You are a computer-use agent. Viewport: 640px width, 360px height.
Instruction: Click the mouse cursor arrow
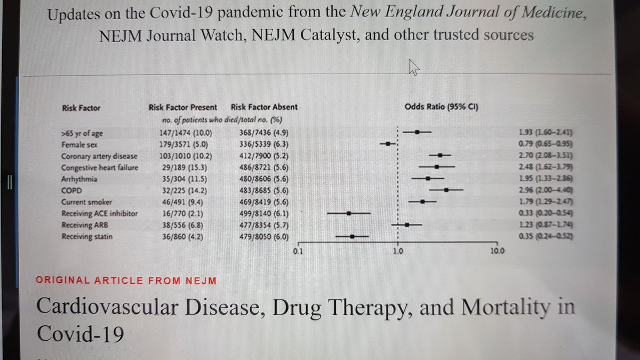(413, 67)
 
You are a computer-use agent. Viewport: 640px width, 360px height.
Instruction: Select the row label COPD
(71, 190)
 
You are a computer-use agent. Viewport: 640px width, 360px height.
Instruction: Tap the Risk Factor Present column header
(183, 107)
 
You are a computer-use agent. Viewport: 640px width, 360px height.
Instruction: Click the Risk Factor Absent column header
(265, 107)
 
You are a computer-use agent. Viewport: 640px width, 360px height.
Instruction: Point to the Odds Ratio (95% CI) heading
(442, 107)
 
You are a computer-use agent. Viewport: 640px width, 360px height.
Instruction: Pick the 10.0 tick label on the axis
(498, 251)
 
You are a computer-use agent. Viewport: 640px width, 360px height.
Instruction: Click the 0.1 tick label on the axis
(298, 251)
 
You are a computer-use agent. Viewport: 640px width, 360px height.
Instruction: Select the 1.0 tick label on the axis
(398, 251)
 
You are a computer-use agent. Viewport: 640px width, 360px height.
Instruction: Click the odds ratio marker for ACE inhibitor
(349, 213)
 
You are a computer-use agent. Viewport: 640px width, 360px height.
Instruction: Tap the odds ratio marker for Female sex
(388, 143)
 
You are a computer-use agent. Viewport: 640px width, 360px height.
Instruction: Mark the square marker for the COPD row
(446, 190)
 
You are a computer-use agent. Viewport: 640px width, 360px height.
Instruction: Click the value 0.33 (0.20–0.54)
(546, 213)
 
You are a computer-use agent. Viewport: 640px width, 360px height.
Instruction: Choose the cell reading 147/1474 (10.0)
(186, 133)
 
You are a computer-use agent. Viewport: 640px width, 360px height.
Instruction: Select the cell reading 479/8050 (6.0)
(264, 237)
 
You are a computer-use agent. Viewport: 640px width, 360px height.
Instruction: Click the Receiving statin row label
(87, 237)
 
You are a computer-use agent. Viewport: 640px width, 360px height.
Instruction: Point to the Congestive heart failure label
(100, 167)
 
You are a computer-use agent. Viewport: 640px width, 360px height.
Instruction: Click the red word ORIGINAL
(63, 281)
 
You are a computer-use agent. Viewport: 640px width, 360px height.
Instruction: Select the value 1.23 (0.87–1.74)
(546, 225)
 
